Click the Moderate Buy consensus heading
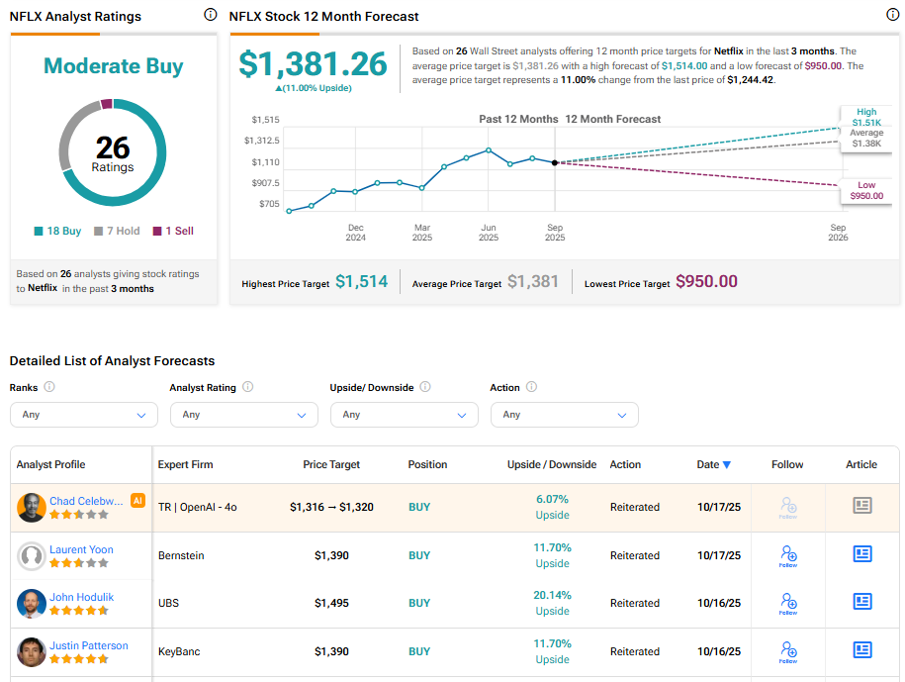point(113,66)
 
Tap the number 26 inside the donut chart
point(113,147)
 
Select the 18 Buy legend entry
point(58,231)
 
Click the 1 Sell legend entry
point(173,231)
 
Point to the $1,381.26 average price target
point(313,63)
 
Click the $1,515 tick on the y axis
point(265,119)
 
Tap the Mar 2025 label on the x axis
point(422,233)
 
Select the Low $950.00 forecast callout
point(865,190)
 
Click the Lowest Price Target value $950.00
point(706,282)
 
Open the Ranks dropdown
point(84,415)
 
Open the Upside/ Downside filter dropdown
point(405,415)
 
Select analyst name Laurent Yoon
point(81,549)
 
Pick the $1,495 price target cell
point(331,603)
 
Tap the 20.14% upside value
point(552,595)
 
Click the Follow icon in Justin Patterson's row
point(788,650)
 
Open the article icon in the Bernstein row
point(862,554)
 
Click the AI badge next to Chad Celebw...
point(137,501)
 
